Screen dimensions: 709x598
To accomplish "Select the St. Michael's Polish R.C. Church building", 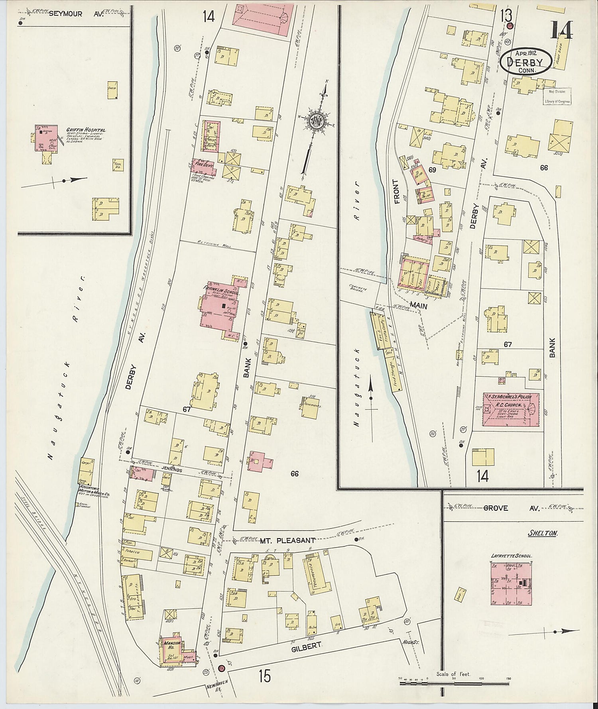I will pyautogui.click(x=511, y=409).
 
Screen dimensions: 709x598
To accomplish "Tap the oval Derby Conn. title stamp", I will pyautogui.click(x=526, y=62).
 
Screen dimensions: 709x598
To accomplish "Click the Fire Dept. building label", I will pyautogui.click(x=203, y=165).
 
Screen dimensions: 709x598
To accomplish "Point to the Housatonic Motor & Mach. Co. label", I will pyautogui.click(x=95, y=495).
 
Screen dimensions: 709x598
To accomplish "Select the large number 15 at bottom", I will pyautogui.click(x=264, y=676).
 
